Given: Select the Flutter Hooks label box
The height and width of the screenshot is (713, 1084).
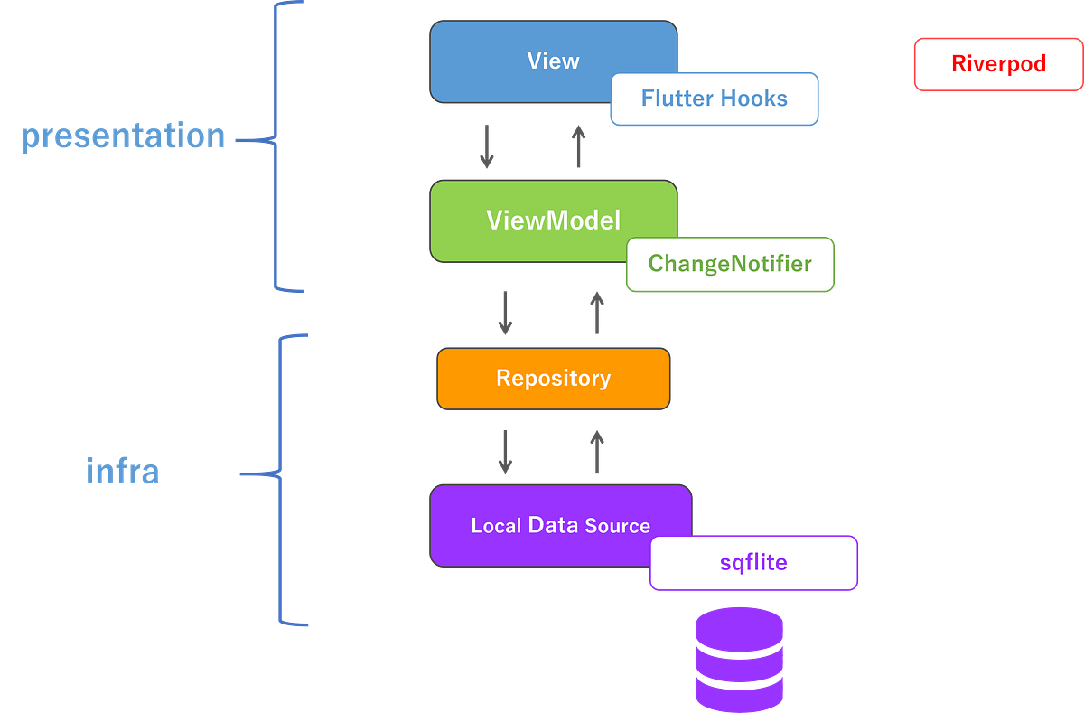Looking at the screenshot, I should (x=714, y=99).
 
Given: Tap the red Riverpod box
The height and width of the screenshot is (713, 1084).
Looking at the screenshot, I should (x=998, y=64).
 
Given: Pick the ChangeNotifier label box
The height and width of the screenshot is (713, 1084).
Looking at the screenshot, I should (x=730, y=265).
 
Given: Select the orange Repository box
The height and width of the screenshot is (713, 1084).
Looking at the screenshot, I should (x=553, y=378).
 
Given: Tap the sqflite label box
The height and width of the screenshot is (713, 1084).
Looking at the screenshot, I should (x=753, y=563).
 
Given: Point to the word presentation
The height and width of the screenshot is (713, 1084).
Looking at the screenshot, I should (x=122, y=136).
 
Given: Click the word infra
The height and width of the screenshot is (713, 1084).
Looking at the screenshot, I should (x=122, y=471).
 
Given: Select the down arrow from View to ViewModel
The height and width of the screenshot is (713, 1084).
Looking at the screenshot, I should (x=487, y=146).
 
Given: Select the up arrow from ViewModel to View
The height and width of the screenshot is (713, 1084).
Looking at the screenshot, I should (x=578, y=146).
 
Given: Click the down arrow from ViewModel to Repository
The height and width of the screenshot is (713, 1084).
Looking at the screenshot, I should (x=506, y=313).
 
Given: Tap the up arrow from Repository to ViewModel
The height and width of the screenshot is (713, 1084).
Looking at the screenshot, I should (x=596, y=313).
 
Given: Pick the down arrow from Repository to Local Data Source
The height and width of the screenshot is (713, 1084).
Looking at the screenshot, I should (x=506, y=452).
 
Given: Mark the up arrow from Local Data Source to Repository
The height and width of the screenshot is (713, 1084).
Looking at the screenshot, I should (x=596, y=452).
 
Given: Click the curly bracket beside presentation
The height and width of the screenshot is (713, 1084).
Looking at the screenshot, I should (x=276, y=145).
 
